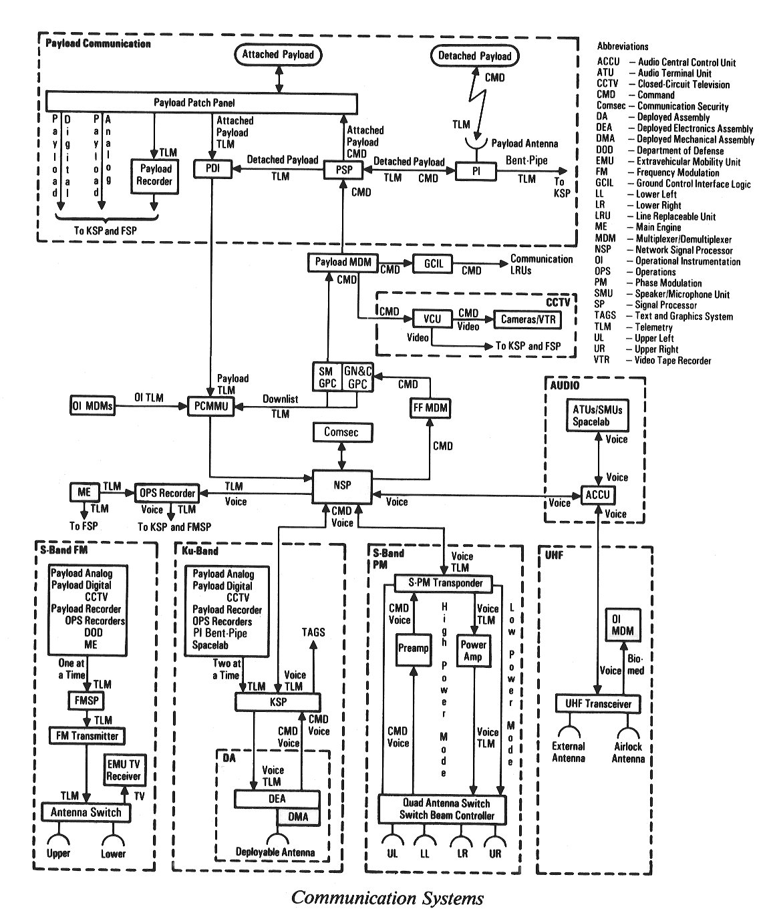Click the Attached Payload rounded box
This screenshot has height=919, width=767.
[278, 55]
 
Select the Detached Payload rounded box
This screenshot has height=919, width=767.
[474, 56]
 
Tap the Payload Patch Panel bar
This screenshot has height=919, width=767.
[201, 103]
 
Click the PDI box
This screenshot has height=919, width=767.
[211, 170]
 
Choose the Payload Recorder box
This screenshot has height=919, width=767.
[156, 176]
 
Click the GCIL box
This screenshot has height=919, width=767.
[434, 264]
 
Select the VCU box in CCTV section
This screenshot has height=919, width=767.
[432, 319]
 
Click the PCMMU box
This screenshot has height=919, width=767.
[212, 406]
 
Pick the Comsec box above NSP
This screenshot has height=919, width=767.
[341, 433]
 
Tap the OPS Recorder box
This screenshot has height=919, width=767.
[166, 494]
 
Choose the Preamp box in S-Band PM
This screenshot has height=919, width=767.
[413, 649]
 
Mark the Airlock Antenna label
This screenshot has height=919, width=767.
[629, 753]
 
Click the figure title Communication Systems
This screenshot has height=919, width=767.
[387, 898]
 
